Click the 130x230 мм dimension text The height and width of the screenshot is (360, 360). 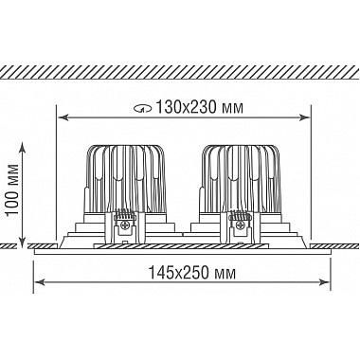[200, 107]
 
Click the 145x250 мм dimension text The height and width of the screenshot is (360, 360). [192, 272]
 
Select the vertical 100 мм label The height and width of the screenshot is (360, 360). [13, 189]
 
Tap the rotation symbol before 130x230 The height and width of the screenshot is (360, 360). [142, 109]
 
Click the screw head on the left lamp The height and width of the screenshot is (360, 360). [124, 225]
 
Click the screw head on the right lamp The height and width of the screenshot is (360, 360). [240, 225]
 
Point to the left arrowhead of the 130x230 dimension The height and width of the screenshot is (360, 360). [63, 117]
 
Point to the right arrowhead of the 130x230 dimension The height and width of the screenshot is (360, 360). [304, 117]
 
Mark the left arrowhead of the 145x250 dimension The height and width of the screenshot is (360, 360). [39, 281]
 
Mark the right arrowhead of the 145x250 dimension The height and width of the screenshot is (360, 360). [324, 281]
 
